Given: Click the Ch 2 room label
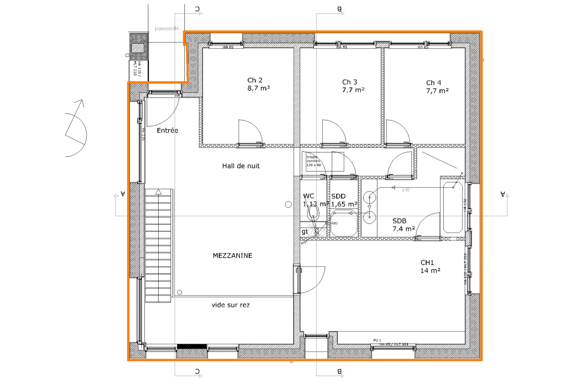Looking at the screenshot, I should click(x=258, y=84).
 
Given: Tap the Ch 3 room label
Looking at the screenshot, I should click(x=353, y=85).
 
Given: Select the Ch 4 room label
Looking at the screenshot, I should click(x=437, y=86).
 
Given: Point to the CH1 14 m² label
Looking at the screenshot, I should click(x=430, y=266).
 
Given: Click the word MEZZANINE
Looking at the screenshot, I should click(x=232, y=256).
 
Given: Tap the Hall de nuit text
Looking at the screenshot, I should click(x=241, y=166).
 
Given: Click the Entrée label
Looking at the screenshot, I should click(x=167, y=130).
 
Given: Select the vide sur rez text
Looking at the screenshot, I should click(x=230, y=305).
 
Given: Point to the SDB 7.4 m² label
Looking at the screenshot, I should click(x=403, y=225).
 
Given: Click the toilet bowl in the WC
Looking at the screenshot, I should click(x=313, y=213).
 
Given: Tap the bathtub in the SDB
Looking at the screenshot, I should click(x=453, y=207).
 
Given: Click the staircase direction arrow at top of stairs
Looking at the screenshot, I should click(x=158, y=192).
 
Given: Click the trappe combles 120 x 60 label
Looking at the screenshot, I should click(x=314, y=161).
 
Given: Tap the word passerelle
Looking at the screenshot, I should click(x=167, y=28).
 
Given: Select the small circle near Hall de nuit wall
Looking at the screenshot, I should click(x=288, y=204).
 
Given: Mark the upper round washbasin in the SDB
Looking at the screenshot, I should click(x=369, y=197).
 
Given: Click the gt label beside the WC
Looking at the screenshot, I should click(x=305, y=231).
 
